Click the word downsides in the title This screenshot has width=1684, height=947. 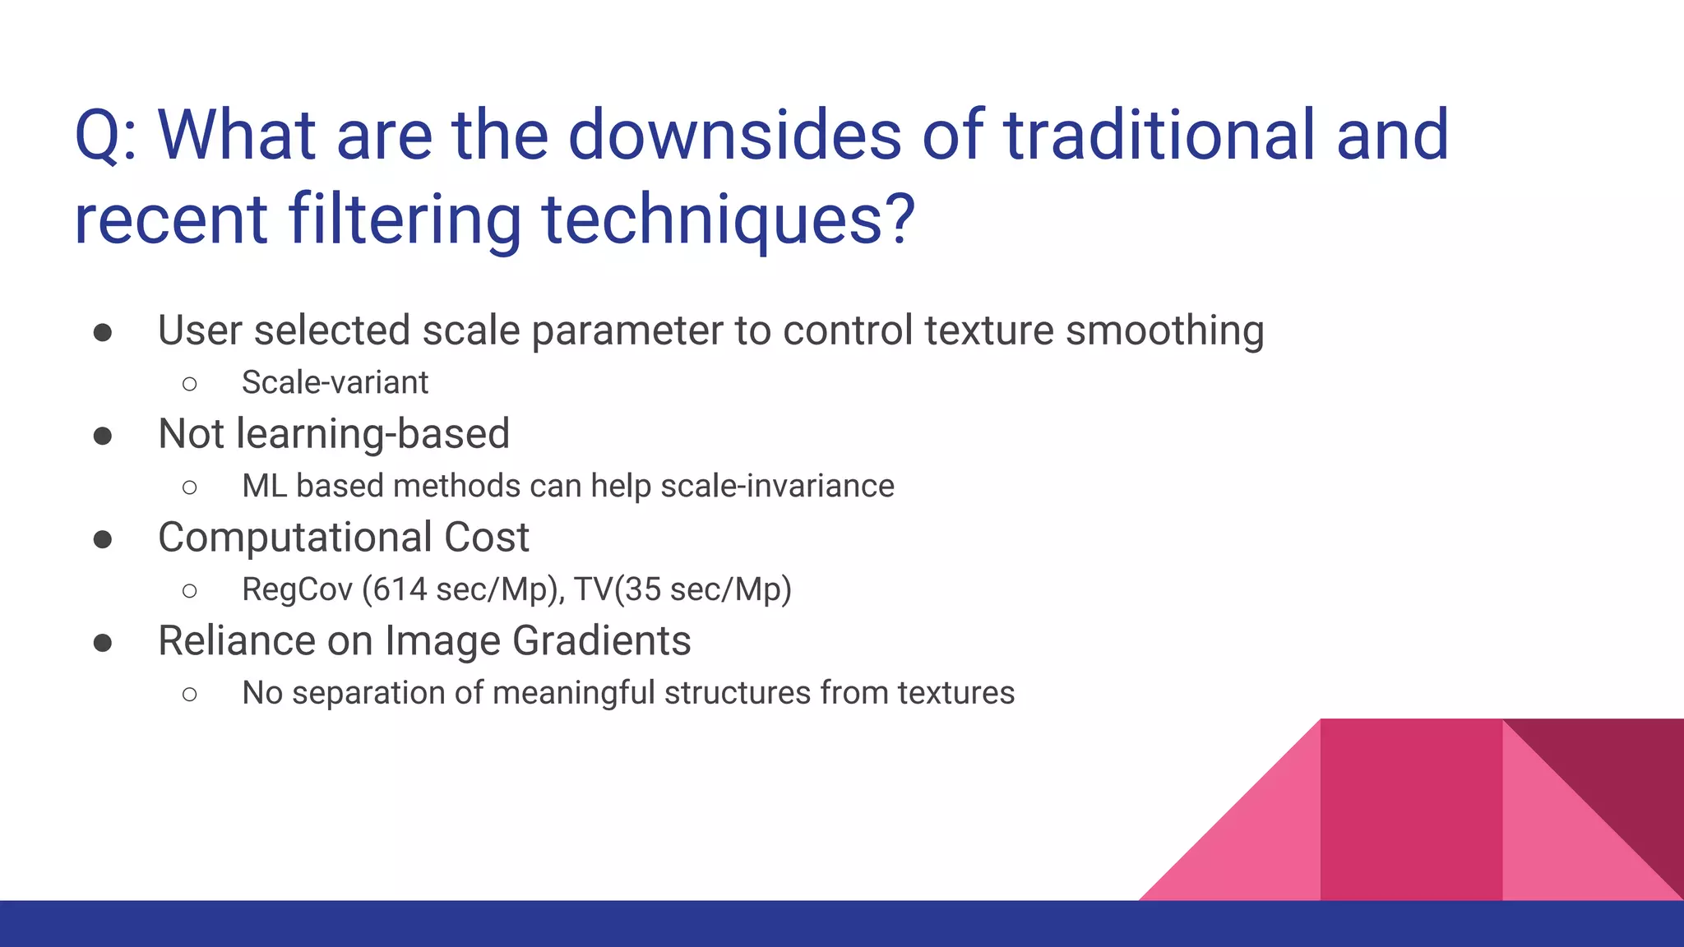coord(734,136)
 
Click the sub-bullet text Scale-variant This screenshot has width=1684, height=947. coord(335,382)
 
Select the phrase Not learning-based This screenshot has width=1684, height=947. coord(334,434)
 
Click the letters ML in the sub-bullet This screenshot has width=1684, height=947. coord(264,486)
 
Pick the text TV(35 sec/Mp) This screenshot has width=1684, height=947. coord(682,589)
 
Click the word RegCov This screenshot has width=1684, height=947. coord(297,589)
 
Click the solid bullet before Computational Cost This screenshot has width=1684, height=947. coord(103,539)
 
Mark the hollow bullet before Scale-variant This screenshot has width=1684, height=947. coord(190,383)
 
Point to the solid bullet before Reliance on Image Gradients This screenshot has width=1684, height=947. coord(103,643)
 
